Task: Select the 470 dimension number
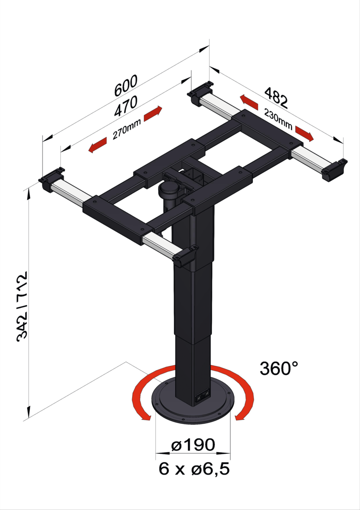[126, 106]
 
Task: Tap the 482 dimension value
[276, 97]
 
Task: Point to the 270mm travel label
[127, 129]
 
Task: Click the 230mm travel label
[278, 119]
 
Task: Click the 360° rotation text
[279, 368]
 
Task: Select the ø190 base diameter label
[193, 445]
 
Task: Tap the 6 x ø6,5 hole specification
[194, 469]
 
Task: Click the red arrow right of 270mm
[153, 113]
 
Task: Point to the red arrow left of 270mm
[98, 145]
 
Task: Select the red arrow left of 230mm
[249, 102]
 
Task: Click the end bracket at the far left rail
[51, 179]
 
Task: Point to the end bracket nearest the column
[185, 256]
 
